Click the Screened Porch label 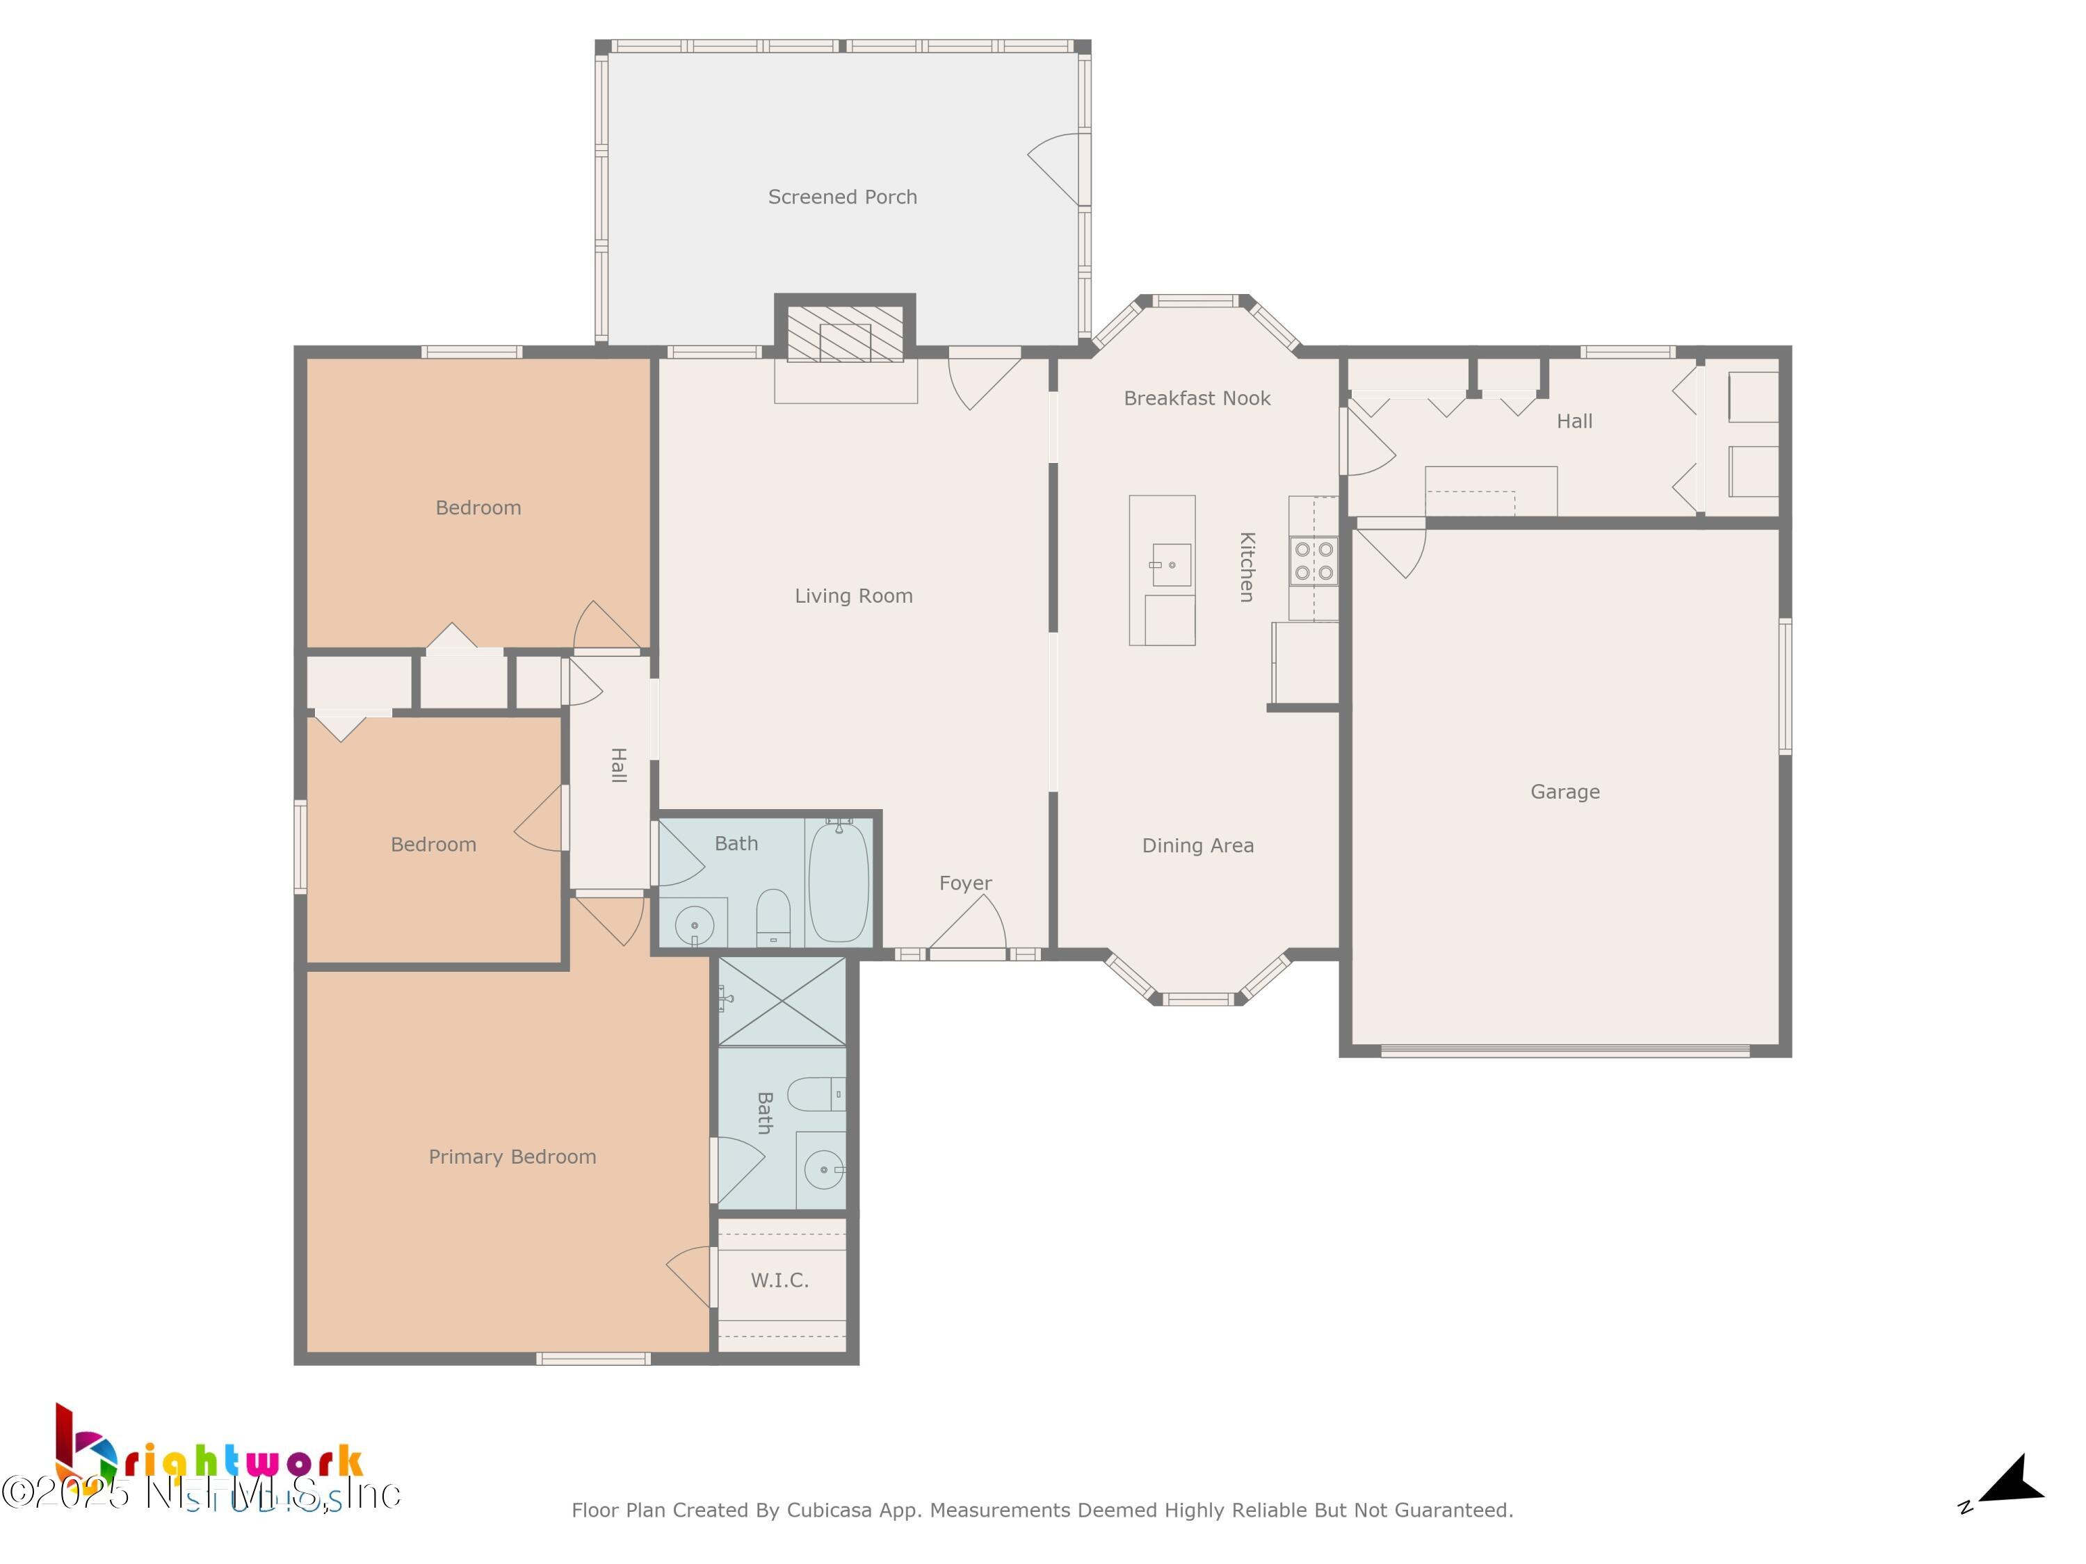click(842, 197)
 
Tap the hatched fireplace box click(844, 334)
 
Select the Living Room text click(853, 596)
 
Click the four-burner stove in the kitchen click(1313, 561)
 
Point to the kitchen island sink click(1170, 564)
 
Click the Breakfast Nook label click(1197, 398)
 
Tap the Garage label click(1564, 792)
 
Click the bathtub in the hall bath click(839, 881)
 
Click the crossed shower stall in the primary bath click(782, 1001)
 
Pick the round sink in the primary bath click(823, 1170)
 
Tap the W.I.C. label click(779, 1280)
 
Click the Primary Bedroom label click(512, 1157)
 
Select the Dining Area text click(1197, 846)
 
